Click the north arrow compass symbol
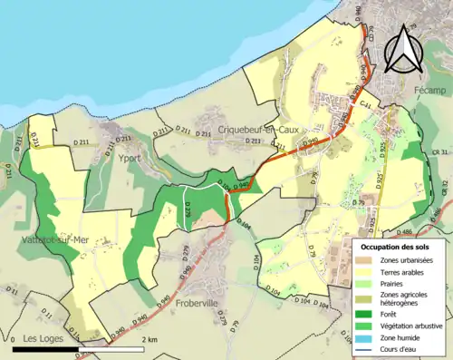[404, 49]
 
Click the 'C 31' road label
[367, 106]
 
